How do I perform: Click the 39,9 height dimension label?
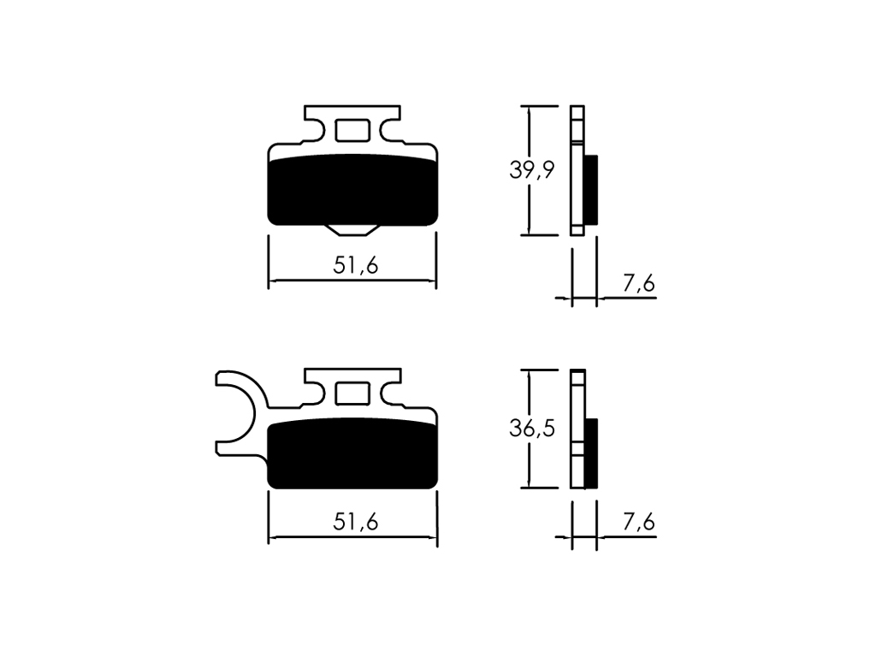pos(532,170)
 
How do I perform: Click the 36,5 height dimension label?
pos(532,428)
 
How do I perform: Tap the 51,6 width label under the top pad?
pos(356,265)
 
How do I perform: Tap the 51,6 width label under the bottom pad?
pos(356,522)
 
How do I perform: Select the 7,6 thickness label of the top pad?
pos(638,284)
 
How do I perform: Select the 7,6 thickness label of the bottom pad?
pos(638,523)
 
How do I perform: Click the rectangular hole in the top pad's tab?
pos(352,131)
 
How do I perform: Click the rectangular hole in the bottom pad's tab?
pos(352,394)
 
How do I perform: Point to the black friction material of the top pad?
pos(352,190)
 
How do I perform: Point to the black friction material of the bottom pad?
pos(352,453)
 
